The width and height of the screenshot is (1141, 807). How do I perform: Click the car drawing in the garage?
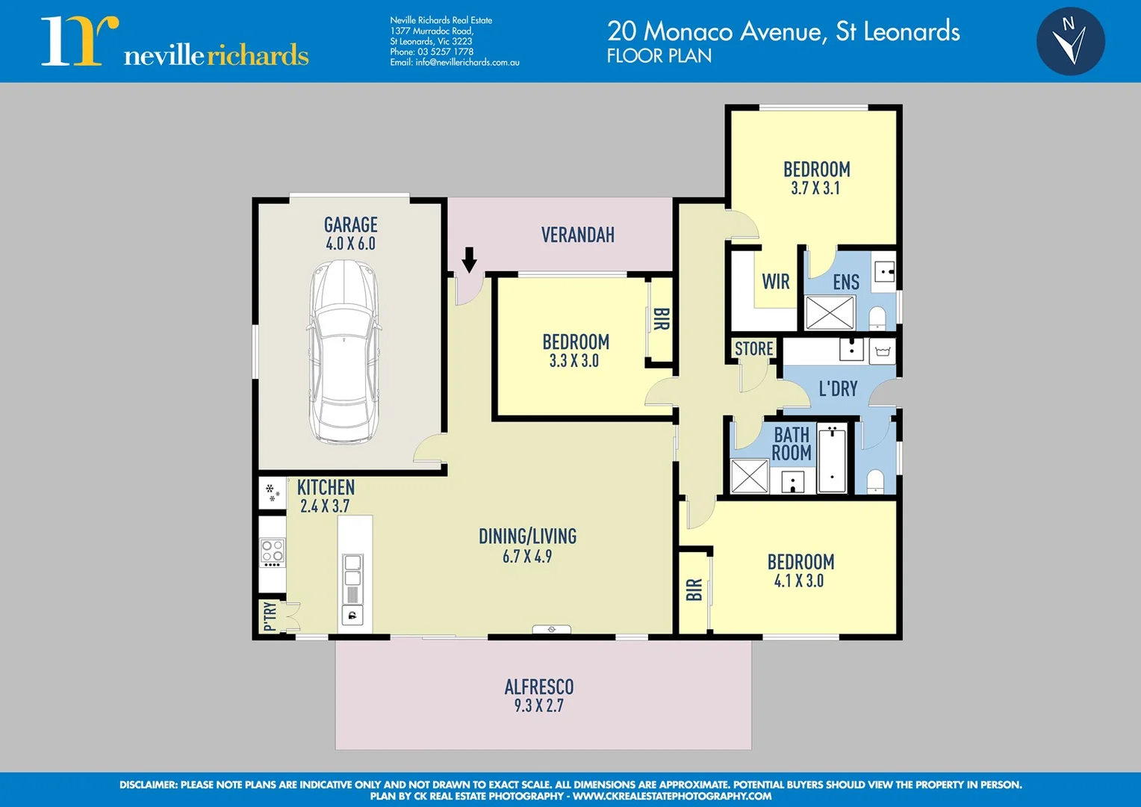tap(344, 351)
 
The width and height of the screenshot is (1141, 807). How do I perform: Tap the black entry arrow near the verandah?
tap(469, 259)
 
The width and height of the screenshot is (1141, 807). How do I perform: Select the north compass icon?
tap(1071, 41)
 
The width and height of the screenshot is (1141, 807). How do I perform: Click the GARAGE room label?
tap(350, 225)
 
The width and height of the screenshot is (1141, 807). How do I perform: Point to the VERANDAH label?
tap(578, 235)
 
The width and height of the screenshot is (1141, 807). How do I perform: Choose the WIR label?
tap(776, 282)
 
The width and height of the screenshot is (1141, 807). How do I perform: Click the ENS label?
tap(846, 282)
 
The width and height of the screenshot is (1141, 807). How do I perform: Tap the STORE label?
tap(753, 349)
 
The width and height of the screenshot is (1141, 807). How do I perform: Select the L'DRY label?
tap(838, 389)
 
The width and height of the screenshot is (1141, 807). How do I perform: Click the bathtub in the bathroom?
tap(832, 458)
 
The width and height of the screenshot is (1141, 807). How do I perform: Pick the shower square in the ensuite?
tap(830, 312)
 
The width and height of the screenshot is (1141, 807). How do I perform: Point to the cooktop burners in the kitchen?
tap(272, 551)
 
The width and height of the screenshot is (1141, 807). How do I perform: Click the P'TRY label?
tap(270, 616)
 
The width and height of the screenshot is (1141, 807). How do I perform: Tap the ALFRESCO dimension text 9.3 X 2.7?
tap(539, 705)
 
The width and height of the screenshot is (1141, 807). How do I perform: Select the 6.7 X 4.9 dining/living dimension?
tap(527, 557)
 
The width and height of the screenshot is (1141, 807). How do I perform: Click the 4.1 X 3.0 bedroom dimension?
tap(799, 581)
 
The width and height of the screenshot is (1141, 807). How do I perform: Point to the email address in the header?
tap(454, 63)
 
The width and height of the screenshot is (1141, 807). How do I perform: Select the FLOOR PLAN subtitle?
tap(659, 56)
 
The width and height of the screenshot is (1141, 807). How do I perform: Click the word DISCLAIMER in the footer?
tap(148, 785)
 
